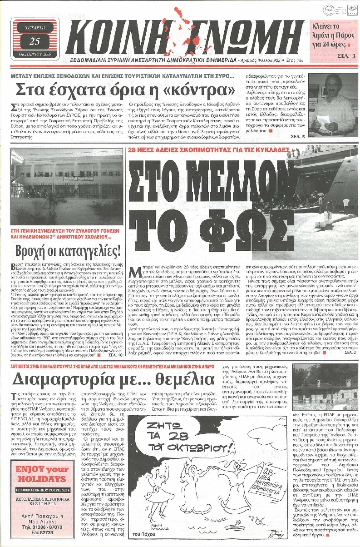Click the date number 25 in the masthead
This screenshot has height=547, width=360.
[x=35, y=41]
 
